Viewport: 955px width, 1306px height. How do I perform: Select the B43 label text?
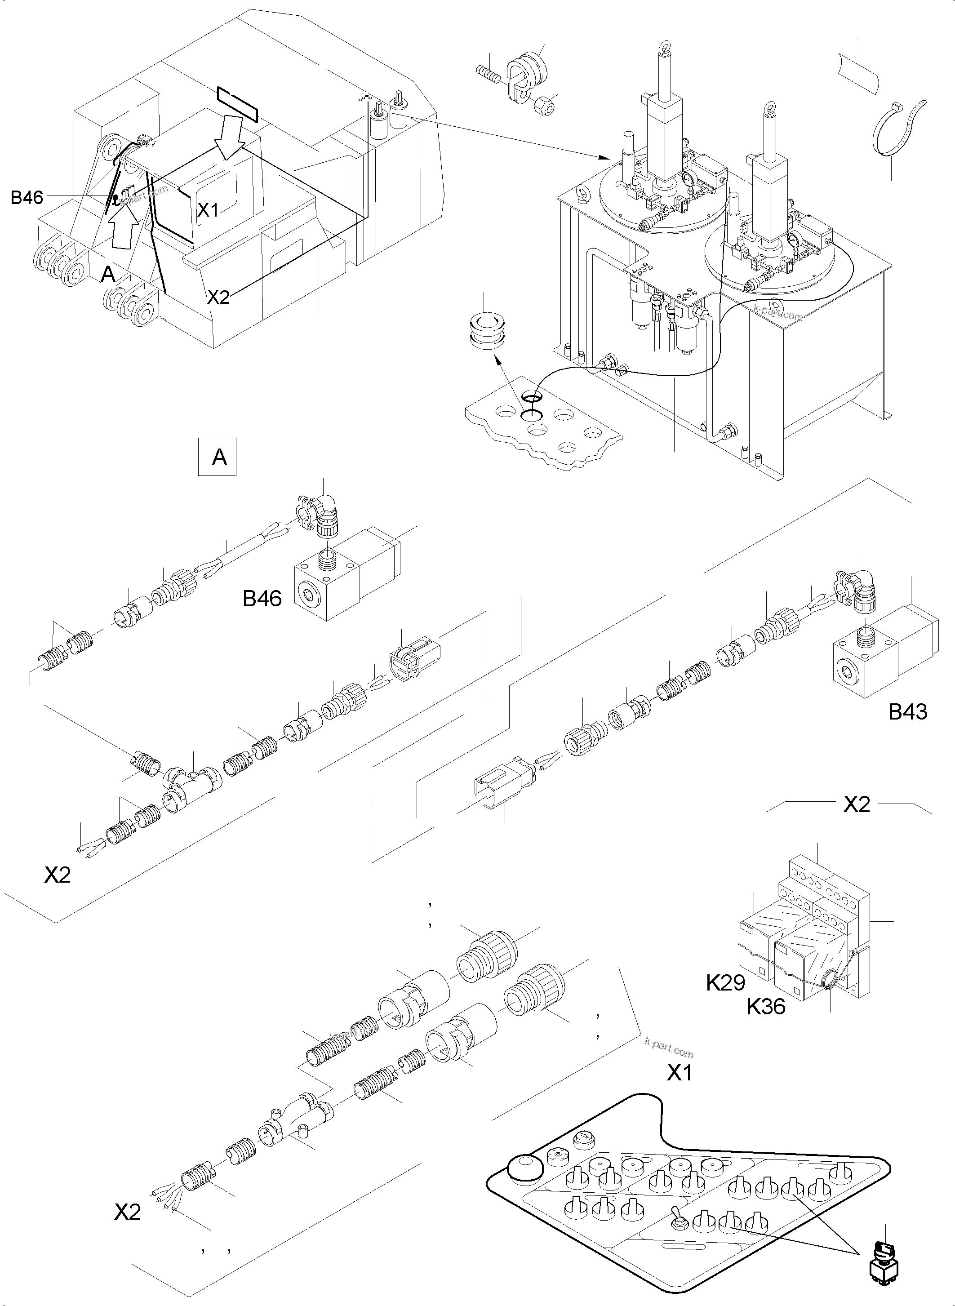point(908,712)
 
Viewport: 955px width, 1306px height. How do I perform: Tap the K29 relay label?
point(725,982)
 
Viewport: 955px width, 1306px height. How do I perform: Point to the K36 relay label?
point(766,1007)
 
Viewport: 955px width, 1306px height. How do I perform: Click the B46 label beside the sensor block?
point(262,598)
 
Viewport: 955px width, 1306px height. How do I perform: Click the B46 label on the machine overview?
point(27,198)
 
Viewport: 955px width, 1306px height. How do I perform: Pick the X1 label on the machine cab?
point(208,210)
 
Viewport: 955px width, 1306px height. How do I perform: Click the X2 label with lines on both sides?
point(856,805)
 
